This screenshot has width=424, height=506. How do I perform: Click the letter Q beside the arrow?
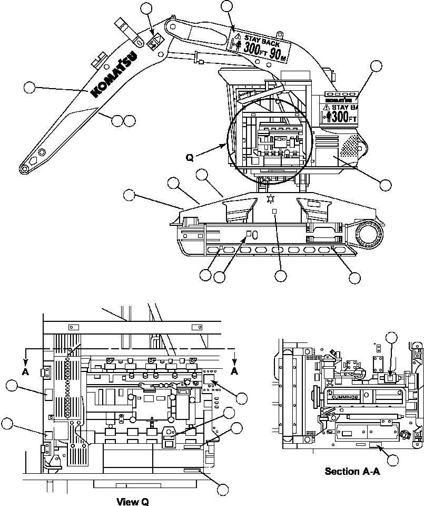click(191, 157)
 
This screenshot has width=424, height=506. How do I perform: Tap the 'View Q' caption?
click(133, 501)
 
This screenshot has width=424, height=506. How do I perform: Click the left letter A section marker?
click(25, 370)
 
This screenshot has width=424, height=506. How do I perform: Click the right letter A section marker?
click(234, 370)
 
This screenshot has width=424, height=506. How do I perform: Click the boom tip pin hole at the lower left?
click(24, 169)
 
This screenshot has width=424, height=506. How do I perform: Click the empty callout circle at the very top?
click(226, 6)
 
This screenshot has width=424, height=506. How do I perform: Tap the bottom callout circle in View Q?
click(223, 490)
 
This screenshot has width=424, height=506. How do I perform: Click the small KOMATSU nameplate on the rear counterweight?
click(338, 99)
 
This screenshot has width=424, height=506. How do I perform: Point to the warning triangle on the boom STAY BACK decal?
click(238, 36)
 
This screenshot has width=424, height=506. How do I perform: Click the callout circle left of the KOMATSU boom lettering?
click(30, 87)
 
